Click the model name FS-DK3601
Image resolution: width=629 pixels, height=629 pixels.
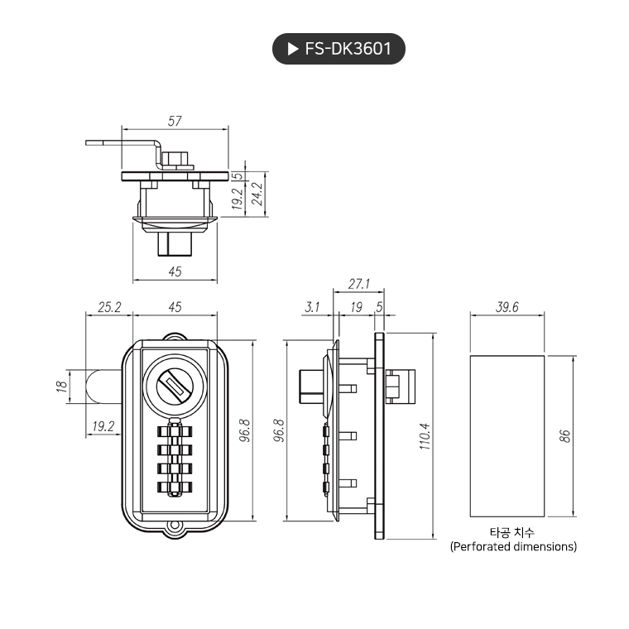(348, 50)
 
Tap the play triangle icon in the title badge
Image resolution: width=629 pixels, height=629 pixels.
(292, 50)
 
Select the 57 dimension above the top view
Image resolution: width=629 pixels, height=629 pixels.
(175, 121)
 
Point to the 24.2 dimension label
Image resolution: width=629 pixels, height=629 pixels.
(257, 194)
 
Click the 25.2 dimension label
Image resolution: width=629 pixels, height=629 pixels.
(109, 307)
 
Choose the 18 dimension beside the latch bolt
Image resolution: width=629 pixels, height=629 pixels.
(61, 386)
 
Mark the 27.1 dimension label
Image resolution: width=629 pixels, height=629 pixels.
(358, 284)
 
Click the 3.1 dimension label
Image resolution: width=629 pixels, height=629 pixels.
(312, 307)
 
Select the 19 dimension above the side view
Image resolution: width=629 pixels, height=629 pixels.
(356, 307)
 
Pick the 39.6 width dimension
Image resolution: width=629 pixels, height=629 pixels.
(507, 307)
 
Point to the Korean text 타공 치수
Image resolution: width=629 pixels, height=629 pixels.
(512, 531)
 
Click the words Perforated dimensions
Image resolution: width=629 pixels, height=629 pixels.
(513, 546)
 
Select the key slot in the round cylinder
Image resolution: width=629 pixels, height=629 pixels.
(174, 384)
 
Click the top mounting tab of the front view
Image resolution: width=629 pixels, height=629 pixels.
(175, 337)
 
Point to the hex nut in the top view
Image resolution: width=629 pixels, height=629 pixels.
(175, 157)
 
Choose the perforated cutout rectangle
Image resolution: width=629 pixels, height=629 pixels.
(507, 435)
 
